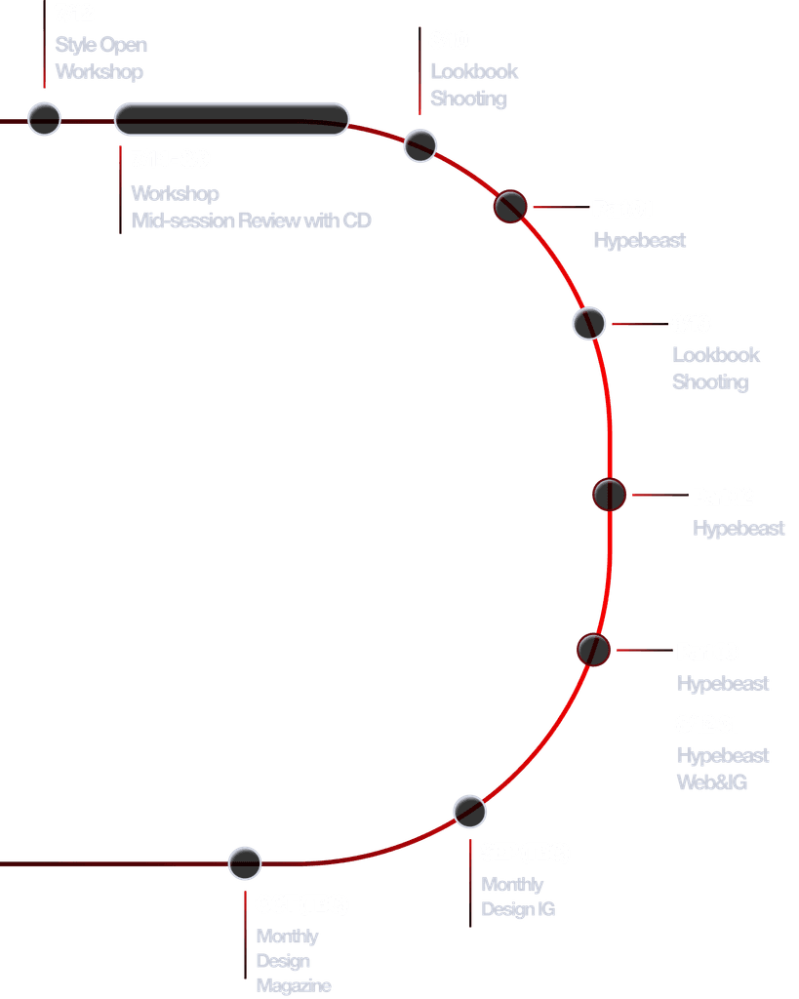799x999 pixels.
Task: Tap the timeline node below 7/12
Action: (x=44, y=118)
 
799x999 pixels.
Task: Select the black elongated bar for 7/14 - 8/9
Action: (x=231, y=118)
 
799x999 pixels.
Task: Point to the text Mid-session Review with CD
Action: (x=252, y=221)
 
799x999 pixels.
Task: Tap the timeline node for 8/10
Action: (x=420, y=144)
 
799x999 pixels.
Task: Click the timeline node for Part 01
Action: (x=510, y=206)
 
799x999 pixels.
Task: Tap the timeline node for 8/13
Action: (x=588, y=323)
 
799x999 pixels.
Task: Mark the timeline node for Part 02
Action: (x=609, y=495)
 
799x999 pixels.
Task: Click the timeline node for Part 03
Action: (x=593, y=649)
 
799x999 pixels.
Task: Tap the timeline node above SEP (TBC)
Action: (x=469, y=811)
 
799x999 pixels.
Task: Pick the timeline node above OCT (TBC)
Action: (x=245, y=863)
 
